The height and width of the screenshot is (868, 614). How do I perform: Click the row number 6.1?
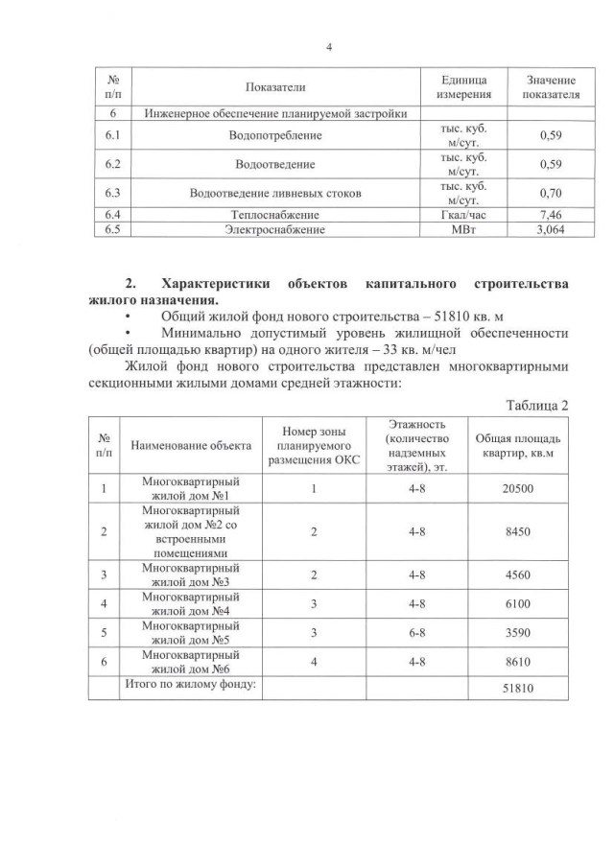(x=111, y=136)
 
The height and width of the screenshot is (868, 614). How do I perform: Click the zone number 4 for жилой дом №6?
(x=314, y=662)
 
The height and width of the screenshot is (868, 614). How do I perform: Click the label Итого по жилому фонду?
(x=190, y=684)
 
